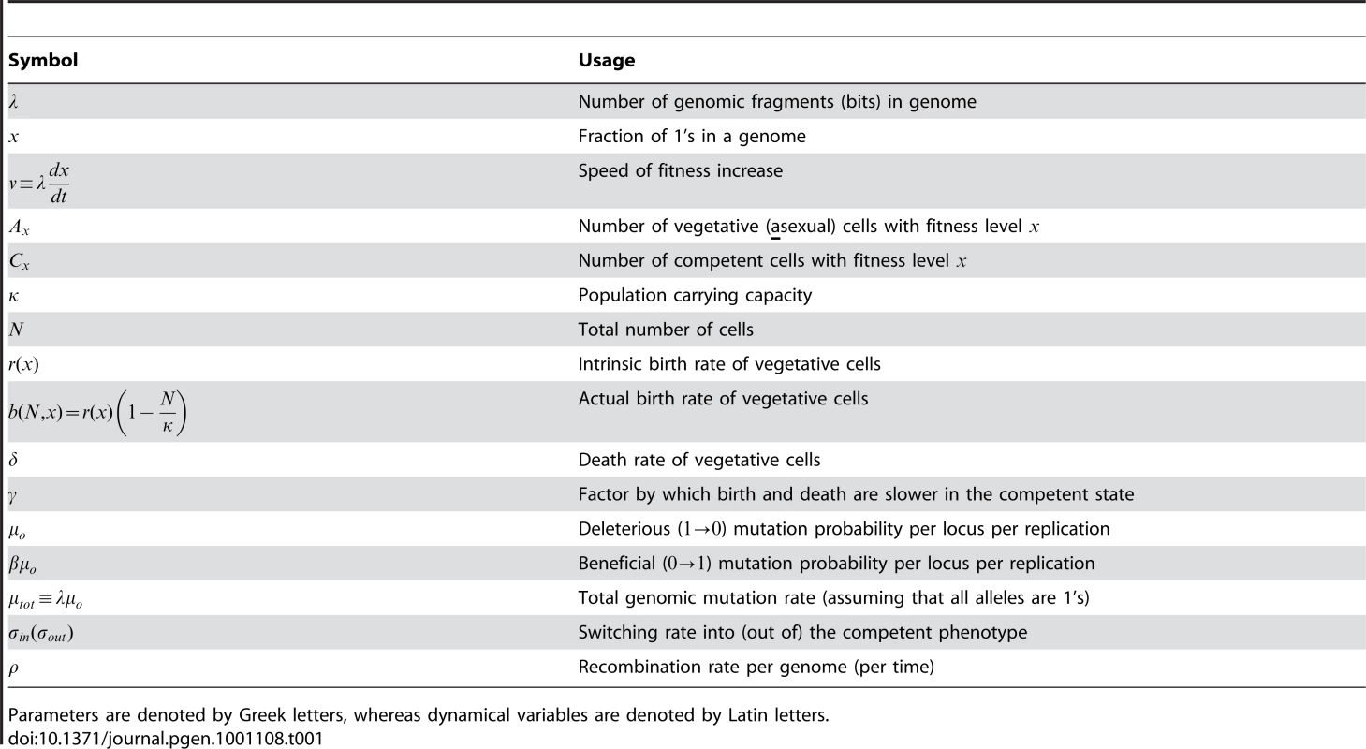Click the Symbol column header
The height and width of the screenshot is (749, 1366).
point(43,60)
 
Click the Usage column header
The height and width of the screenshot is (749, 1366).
point(606,60)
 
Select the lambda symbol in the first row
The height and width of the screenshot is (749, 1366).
point(13,101)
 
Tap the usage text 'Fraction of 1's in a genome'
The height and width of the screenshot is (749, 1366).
point(692,136)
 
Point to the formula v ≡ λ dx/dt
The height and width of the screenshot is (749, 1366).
point(38,181)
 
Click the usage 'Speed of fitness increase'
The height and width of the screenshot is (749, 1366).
point(680,170)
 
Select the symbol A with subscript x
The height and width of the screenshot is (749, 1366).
point(19,228)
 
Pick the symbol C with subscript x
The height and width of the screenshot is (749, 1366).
point(19,261)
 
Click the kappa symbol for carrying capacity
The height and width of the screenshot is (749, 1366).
point(13,297)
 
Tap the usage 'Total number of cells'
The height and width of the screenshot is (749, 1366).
point(666,330)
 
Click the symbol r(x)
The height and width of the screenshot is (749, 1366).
point(23,365)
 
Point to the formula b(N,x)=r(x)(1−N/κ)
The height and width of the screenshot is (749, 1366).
point(97,412)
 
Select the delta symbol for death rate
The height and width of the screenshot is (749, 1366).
point(13,460)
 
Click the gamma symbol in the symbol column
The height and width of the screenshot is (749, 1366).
point(13,496)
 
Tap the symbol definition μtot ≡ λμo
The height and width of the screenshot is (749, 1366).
point(45,599)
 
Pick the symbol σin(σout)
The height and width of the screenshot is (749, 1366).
point(41,634)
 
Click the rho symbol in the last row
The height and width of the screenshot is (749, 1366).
point(13,668)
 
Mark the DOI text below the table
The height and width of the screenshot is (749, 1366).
point(166,739)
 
